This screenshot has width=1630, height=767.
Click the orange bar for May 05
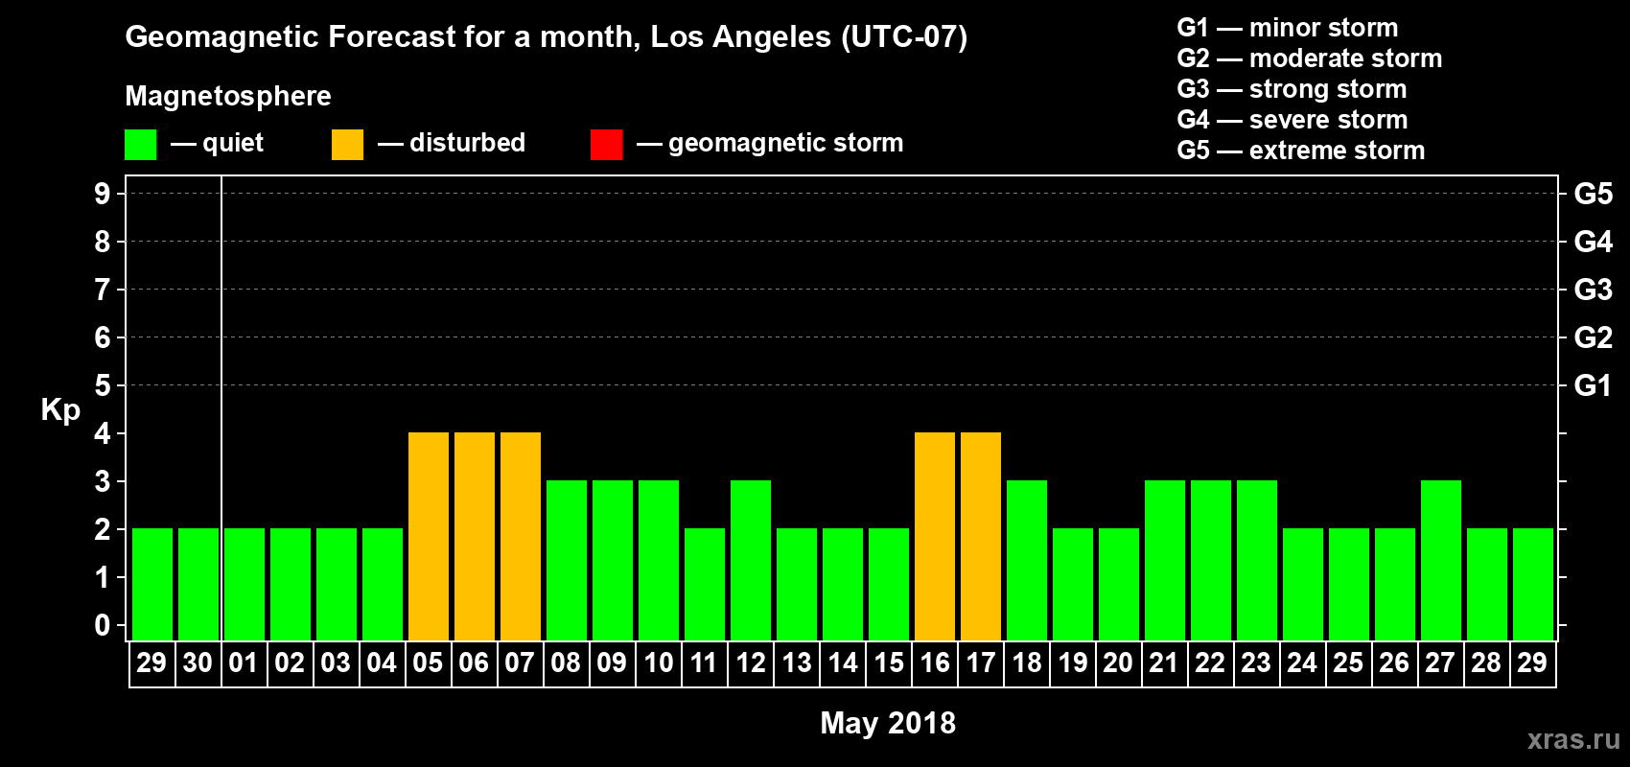(429, 536)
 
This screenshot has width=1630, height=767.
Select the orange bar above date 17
(981, 536)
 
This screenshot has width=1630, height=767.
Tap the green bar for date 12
(751, 560)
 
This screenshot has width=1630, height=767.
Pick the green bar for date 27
(1441, 560)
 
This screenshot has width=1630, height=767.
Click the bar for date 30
(198, 584)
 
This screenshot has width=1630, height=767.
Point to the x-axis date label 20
(1118, 662)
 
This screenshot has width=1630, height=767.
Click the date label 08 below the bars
(566, 662)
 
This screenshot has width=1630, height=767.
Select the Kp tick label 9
(103, 194)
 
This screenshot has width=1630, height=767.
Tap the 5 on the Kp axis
(103, 385)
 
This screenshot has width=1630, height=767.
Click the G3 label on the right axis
(1593, 290)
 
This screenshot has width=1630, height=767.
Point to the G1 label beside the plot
(1593, 385)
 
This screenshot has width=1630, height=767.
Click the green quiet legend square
(140, 145)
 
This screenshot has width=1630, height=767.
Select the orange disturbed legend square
(347, 145)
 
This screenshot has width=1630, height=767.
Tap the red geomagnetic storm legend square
(606, 145)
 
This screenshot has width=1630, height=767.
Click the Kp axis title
(60, 410)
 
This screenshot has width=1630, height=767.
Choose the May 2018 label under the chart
(888, 723)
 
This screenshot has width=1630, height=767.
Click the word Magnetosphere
(228, 96)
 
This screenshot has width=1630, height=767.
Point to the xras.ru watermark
(1573, 739)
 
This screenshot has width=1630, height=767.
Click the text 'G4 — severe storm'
(1292, 120)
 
